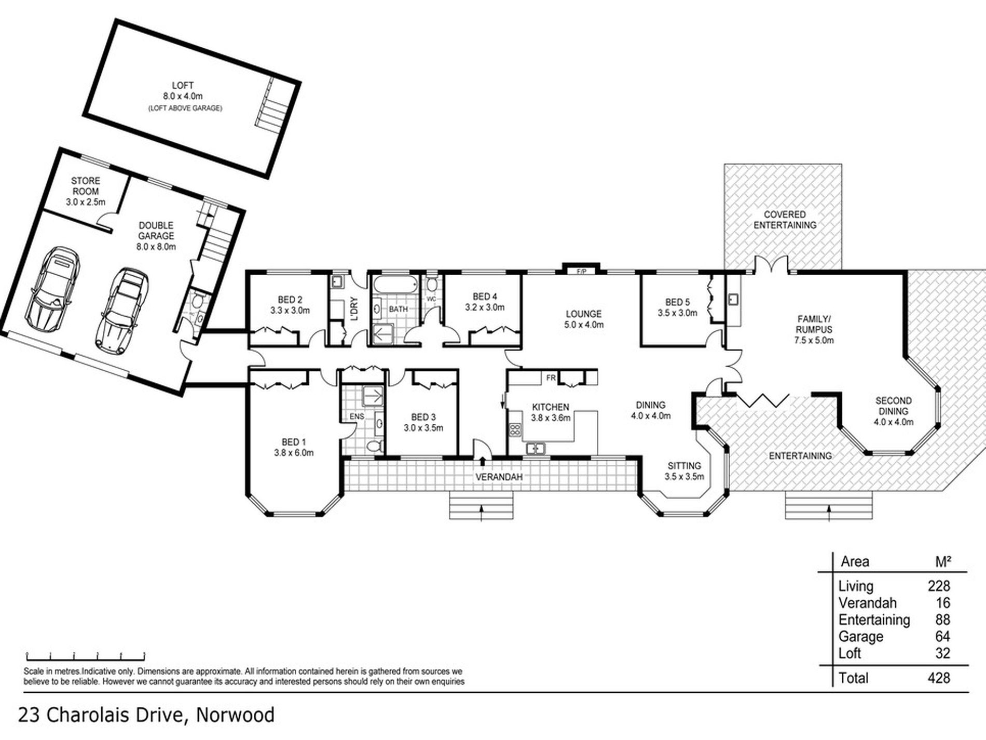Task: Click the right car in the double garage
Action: tap(122, 311)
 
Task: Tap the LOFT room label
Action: tap(183, 85)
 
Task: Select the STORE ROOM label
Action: tap(86, 186)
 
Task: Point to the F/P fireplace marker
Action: tap(581, 272)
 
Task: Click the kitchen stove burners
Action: tap(515, 429)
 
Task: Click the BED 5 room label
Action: tap(678, 302)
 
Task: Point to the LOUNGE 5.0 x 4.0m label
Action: tap(584, 319)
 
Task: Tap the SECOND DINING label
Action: tap(894, 406)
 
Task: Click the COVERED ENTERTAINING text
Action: tap(785, 220)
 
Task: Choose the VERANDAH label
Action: tap(499, 477)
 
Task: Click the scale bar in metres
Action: tap(86, 655)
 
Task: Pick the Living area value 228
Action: tap(939, 586)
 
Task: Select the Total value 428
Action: tap(939, 678)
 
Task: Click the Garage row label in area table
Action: tap(861, 636)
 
